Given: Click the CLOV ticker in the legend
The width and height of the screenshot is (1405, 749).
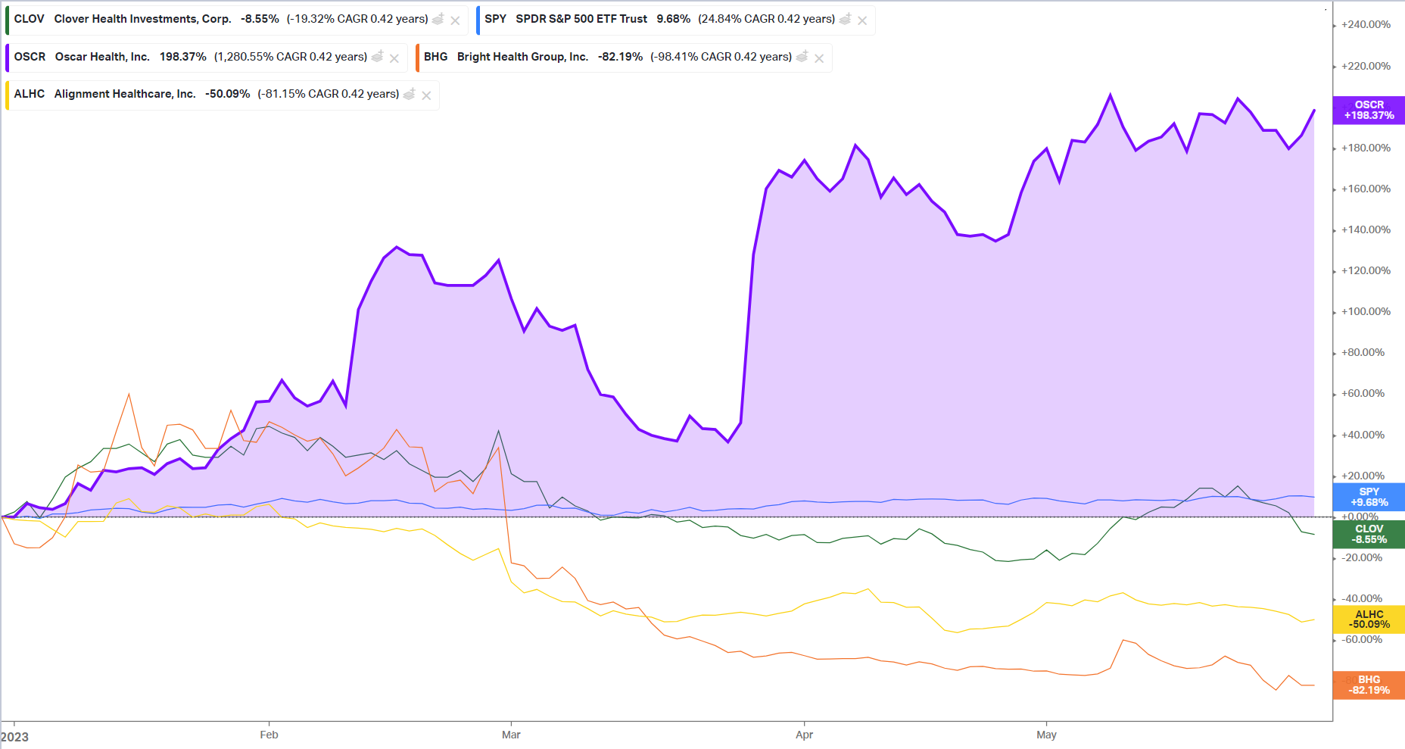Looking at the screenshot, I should pos(29,19).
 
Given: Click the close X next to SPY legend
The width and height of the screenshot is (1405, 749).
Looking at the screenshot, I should pos(862,20).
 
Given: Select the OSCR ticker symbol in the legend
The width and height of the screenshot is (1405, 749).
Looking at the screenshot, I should pos(30,57).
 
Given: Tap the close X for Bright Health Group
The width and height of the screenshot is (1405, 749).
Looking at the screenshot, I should pos(819,58).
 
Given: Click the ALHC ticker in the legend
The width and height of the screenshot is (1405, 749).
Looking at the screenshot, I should pos(29,94).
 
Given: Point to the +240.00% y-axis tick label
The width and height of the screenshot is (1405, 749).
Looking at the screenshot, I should pos(1366,24).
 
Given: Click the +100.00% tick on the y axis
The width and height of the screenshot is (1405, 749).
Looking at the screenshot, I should pos(1366,311).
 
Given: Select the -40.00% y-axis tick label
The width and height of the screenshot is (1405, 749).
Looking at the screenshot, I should pos(1362,598).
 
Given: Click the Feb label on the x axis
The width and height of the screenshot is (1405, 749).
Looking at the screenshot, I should pos(269,735).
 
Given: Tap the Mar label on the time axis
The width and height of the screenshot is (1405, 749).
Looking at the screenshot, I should pos(511,735).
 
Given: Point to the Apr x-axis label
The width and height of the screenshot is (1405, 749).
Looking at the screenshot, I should pos(804,735).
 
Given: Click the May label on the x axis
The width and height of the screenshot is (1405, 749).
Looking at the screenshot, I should pos(1046,735).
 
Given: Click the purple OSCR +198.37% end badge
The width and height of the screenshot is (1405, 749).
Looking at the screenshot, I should pos(1369,110).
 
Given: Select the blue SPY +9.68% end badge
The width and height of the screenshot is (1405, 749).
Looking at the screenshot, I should pos(1369,497).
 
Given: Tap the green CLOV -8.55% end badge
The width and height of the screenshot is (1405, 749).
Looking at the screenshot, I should pos(1369,534).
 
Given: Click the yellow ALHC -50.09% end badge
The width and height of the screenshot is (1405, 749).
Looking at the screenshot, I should pos(1369,619).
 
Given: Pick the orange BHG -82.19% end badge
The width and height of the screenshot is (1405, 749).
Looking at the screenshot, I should pos(1369,685).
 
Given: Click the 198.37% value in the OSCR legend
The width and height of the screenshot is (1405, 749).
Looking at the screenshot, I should pos(182,57).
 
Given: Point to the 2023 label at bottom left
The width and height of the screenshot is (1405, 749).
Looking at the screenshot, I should pos(15,737).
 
